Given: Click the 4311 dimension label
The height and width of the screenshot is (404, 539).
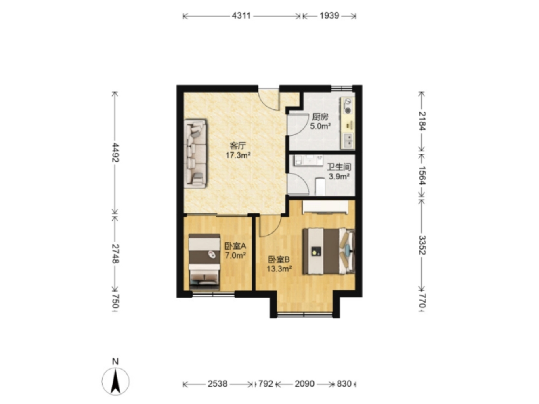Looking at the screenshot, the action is click(241, 16).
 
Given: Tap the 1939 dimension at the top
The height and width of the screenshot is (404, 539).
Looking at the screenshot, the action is click(329, 16).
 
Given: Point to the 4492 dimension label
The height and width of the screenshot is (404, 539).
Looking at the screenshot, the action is click(115, 152).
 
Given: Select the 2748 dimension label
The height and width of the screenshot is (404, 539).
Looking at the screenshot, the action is click(115, 254).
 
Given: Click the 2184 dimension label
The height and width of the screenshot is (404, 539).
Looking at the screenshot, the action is click(422, 121).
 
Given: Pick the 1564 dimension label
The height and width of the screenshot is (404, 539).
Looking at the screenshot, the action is click(422, 175).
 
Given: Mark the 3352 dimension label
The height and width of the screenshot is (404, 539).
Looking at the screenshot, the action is click(422, 245).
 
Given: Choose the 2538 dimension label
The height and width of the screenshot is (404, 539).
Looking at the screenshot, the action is click(217, 384).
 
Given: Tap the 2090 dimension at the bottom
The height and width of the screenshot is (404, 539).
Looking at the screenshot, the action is click(304, 384).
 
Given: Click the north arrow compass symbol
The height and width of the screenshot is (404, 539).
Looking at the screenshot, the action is click(115, 381).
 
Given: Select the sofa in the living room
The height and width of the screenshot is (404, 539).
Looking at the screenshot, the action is click(195, 154).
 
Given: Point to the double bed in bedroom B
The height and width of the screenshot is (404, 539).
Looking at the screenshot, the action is click(329, 251).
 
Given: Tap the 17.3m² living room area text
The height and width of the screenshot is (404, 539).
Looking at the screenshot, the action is click(238, 156).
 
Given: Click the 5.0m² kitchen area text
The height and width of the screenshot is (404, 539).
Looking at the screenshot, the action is click(320, 126).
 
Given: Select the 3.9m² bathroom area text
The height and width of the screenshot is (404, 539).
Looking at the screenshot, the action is click(339, 176).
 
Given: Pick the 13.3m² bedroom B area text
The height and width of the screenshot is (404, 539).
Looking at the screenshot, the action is click(279, 269).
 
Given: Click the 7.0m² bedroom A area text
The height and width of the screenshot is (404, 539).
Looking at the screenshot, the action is click(235, 255).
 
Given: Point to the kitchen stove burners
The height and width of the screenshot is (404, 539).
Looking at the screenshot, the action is click(348, 106).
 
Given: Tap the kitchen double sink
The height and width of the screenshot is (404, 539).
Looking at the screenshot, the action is click(348, 141).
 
